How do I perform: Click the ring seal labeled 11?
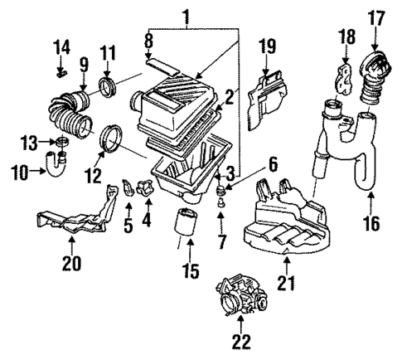point(108,85)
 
